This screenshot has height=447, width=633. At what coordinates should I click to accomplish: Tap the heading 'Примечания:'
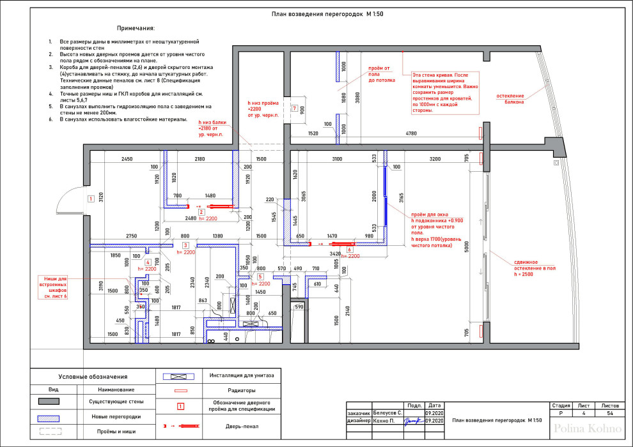click(136, 29)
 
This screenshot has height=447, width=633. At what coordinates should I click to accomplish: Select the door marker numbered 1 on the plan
click(91, 199)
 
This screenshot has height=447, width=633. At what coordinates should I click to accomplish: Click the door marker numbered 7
click(294, 109)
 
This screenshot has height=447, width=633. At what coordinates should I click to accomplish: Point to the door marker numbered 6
click(350, 250)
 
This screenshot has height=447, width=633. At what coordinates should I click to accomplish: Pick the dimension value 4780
click(410, 133)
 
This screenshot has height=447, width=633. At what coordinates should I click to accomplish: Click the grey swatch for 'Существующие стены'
click(49, 402)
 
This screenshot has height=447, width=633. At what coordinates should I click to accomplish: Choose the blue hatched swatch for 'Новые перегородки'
click(49, 416)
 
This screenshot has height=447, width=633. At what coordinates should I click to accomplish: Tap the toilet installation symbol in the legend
click(180, 376)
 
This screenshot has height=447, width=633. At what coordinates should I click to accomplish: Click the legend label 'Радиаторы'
click(242, 390)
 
